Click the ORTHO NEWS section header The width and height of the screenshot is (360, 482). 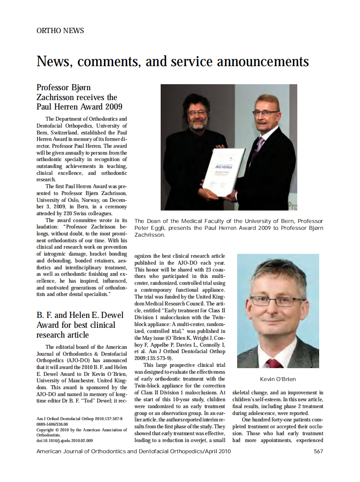pos(60,31)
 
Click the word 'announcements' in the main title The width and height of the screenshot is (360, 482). pos(263,61)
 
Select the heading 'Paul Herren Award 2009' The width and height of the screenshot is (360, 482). pos(79,107)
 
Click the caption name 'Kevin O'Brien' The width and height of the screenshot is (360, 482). pos(278,379)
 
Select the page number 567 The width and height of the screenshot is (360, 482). pos(318,451)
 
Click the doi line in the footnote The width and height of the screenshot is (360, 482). pos(64,440)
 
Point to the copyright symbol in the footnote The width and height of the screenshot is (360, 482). pos(57,429)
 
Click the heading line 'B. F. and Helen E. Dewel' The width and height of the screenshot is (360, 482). pos(76,315)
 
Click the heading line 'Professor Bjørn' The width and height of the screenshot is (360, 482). pos(64,88)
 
